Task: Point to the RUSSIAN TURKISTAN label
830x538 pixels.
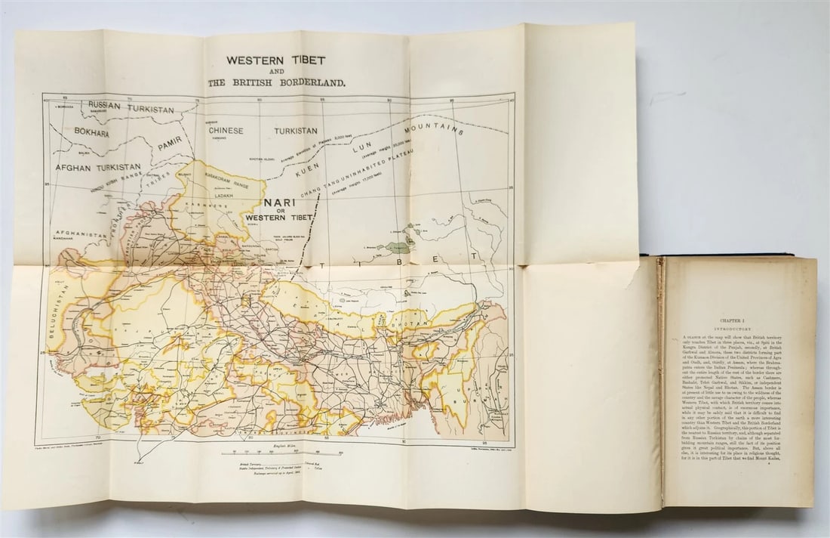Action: point(131,107)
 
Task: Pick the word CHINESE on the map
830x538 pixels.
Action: point(226,131)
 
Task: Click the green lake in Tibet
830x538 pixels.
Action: point(397,246)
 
